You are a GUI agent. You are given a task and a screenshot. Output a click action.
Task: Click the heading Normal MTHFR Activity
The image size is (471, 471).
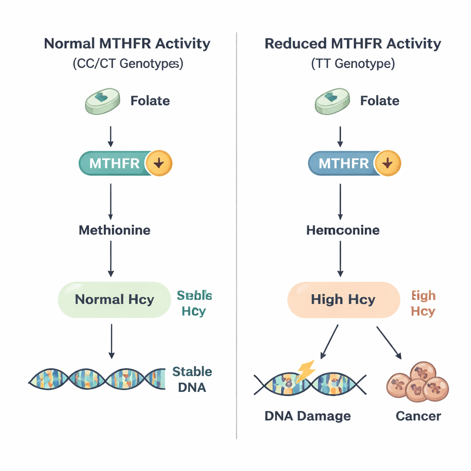(127, 44)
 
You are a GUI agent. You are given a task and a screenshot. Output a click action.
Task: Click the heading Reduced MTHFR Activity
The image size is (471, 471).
(353, 44)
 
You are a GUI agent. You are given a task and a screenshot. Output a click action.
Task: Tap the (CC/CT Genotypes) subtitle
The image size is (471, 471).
(127, 63)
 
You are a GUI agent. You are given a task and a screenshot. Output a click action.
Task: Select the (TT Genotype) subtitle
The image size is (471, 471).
(353, 63)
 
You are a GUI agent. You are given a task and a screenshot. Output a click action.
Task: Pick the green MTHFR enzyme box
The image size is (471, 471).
(114, 164)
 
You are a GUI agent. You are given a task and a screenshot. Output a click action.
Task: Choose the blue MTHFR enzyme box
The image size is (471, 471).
(343, 164)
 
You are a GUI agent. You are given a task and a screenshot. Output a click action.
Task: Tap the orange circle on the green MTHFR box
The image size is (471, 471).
(159, 164)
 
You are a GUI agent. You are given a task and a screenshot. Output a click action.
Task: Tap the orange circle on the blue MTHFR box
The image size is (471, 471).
(388, 164)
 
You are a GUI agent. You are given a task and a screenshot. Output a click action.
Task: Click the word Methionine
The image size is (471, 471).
(115, 230)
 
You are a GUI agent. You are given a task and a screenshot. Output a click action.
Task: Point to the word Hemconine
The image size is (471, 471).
(343, 230)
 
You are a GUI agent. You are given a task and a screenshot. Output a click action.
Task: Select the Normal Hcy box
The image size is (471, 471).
(114, 300)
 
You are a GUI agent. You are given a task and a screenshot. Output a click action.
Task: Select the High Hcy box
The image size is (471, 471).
(343, 300)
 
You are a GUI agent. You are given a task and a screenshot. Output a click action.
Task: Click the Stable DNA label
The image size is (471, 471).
(192, 379)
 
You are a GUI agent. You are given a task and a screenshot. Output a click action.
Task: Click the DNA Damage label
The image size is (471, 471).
(308, 416)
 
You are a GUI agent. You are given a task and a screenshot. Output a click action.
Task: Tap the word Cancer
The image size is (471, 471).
(418, 416)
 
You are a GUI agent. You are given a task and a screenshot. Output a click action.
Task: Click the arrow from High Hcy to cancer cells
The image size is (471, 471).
(389, 342)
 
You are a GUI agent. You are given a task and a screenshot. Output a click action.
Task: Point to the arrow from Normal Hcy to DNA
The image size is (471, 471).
(111, 340)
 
